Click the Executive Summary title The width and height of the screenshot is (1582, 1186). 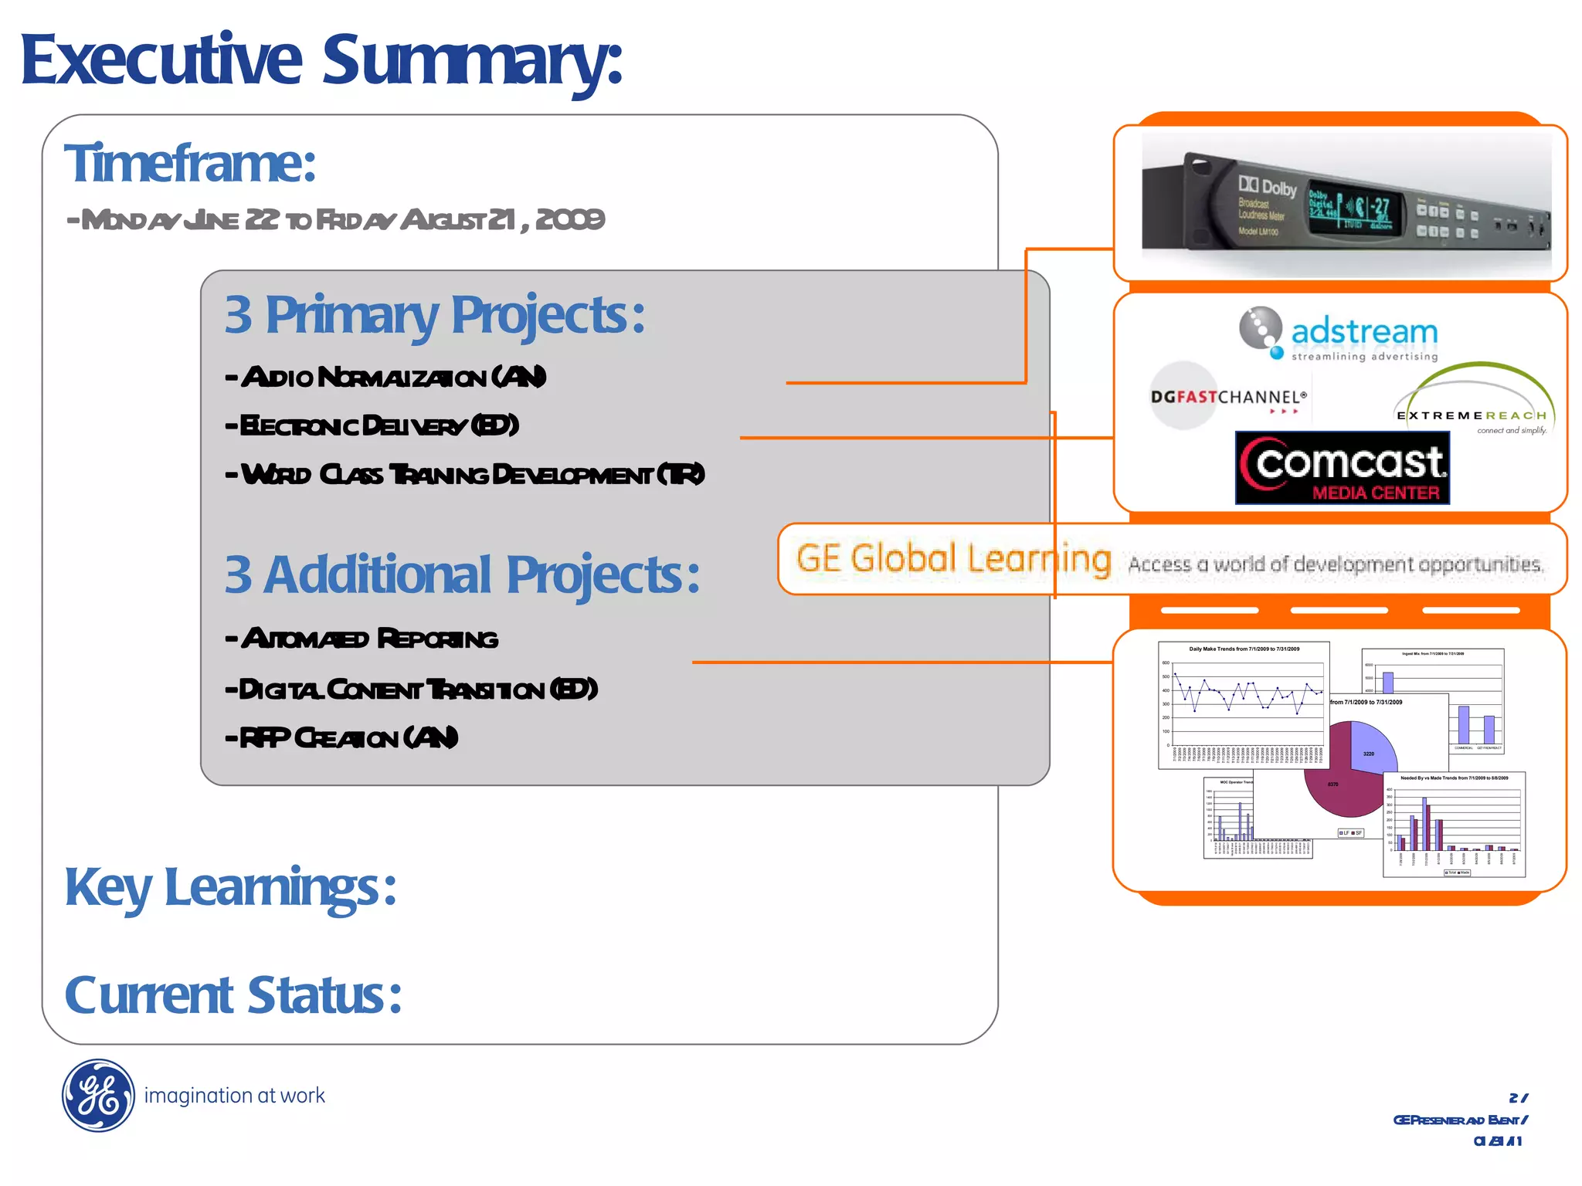(x=321, y=62)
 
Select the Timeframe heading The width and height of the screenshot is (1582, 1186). (x=190, y=164)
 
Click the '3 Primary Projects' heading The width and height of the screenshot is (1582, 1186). (x=434, y=315)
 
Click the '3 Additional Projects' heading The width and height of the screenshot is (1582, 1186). (x=462, y=575)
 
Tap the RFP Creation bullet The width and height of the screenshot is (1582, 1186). (x=341, y=738)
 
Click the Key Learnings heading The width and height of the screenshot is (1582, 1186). (x=230, y=887)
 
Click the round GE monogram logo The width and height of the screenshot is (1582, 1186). (x=98, y=1095)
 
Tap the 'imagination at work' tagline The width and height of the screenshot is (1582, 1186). (x=234, y=1096)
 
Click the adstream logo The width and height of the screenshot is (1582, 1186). (x=1339, y=334)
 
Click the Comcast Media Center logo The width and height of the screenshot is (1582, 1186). (x=1343, y=468)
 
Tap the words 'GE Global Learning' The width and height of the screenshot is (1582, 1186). (x=953, y=558)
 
